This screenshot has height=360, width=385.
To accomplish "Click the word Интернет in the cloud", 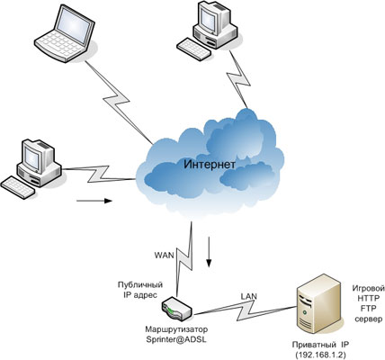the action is point(210,165).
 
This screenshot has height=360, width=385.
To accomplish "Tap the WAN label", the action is point(164,256).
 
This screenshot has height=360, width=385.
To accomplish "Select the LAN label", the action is point(249,296).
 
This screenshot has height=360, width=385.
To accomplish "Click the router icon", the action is point(177,309).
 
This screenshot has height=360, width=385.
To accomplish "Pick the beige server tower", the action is point(319,304).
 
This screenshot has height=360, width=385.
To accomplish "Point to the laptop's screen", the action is point(75,24).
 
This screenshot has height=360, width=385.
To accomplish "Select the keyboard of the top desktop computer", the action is point(192,49).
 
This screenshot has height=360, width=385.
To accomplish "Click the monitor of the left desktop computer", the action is point(35,155).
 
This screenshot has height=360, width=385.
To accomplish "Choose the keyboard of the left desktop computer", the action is point(17,186).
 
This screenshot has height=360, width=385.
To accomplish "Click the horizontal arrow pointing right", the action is point(94,201).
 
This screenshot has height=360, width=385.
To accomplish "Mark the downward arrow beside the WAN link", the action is point(209,251).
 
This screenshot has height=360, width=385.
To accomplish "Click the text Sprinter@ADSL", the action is point(176,339).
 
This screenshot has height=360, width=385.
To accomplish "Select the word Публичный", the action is point(140,284).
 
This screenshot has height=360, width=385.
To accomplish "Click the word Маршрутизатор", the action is point(176,329).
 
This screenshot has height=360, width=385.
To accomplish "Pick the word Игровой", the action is point(369,289).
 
